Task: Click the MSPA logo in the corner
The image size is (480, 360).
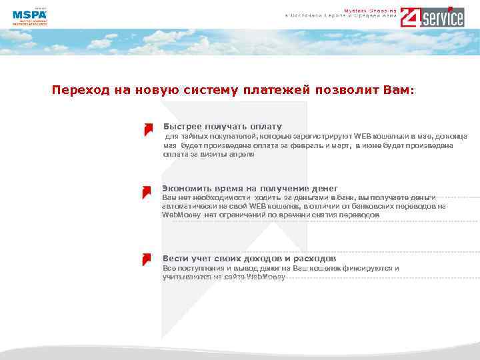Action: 29,17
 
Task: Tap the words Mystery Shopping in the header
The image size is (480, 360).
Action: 370,10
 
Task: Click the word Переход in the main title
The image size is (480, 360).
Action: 75,89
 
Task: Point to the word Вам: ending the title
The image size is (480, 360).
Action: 398,89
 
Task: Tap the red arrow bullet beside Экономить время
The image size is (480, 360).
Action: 146,192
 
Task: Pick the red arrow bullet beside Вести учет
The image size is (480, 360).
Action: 146,259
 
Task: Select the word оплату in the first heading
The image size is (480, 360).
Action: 266,127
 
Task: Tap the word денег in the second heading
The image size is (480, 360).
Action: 323,189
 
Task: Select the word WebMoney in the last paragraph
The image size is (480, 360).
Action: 265,276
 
